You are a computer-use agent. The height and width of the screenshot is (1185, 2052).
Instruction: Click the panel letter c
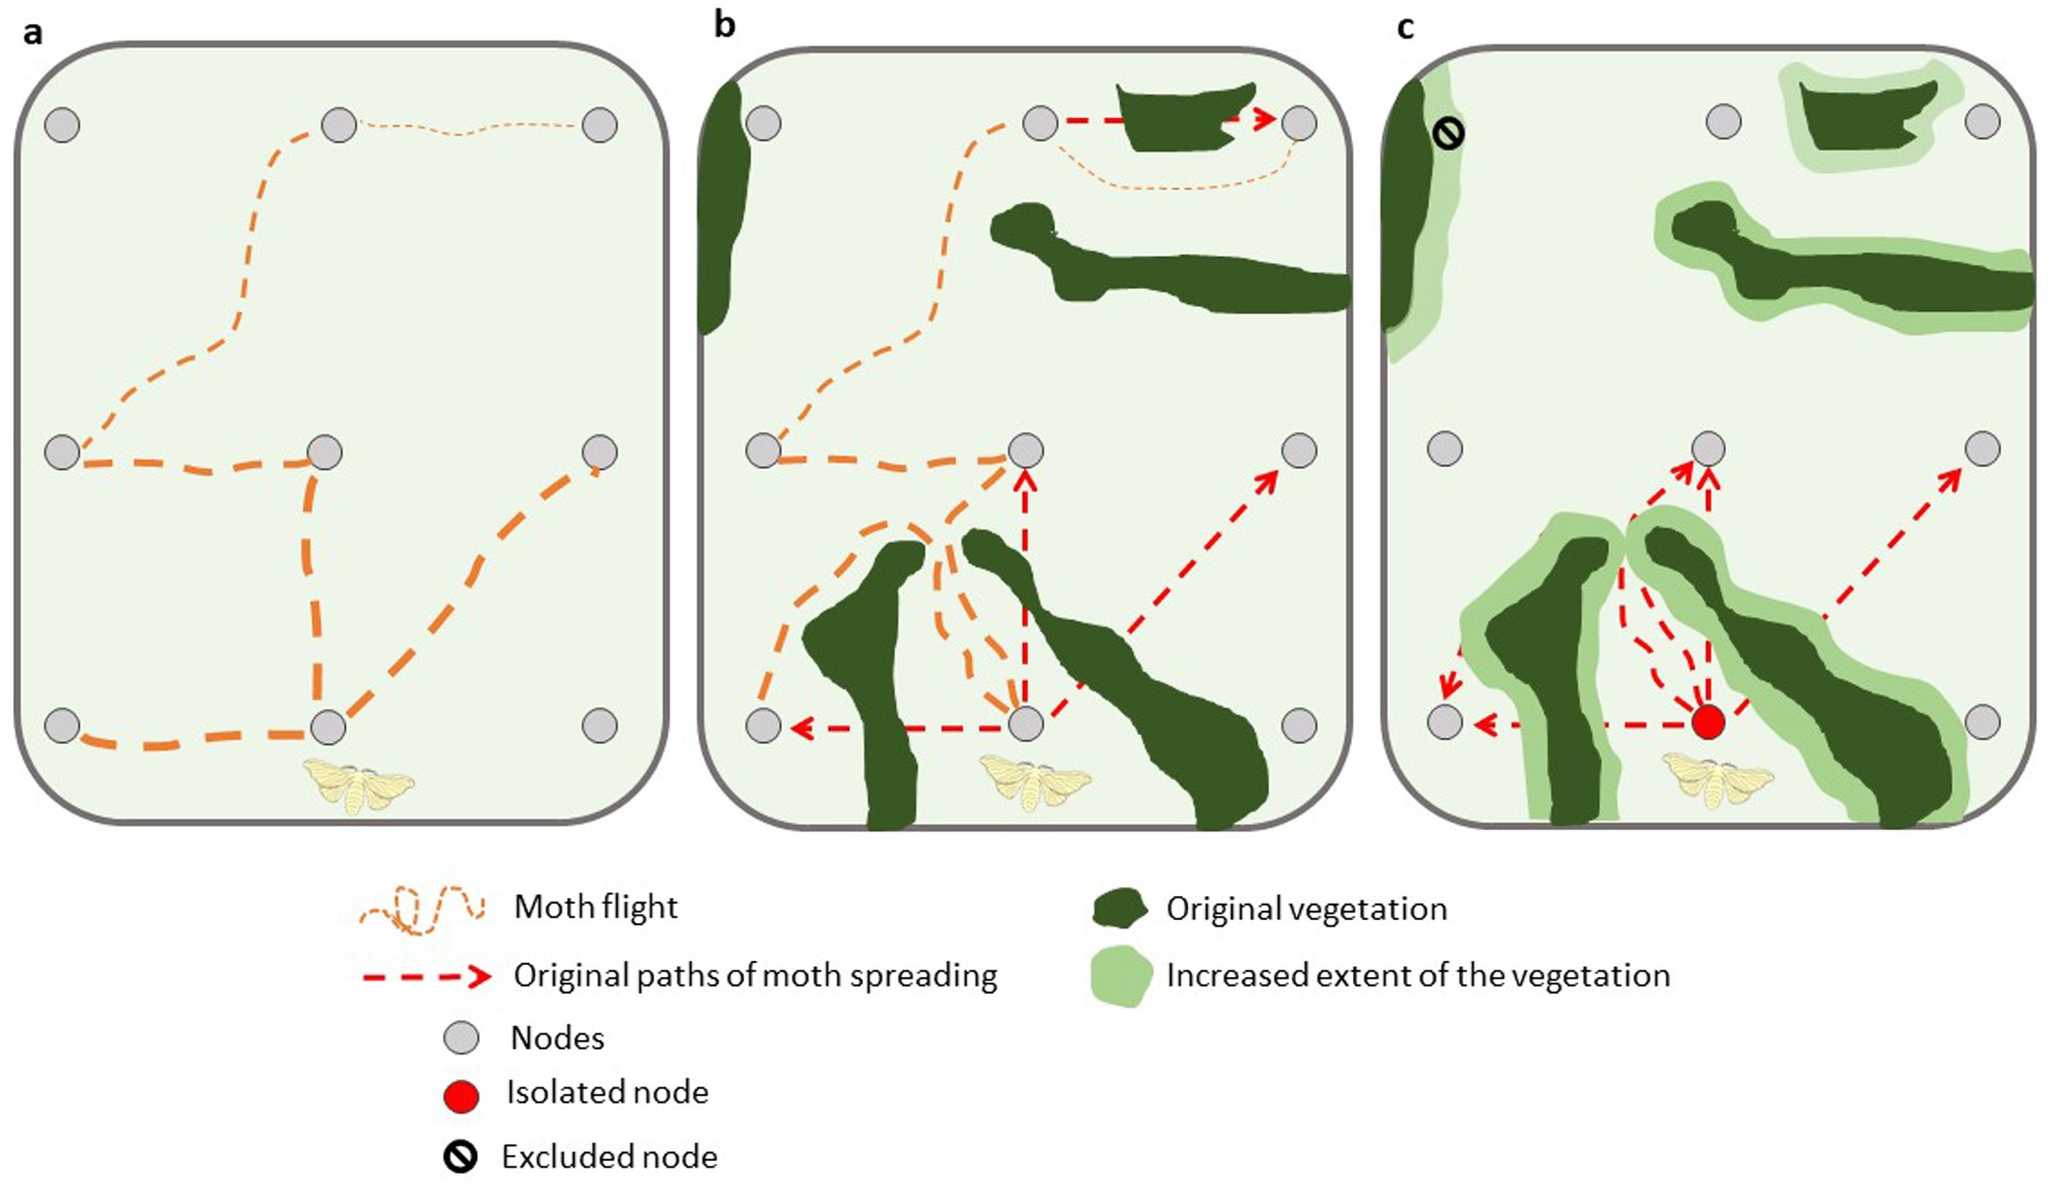[1405, 28]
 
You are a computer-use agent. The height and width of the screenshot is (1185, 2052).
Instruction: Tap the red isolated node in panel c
[1707, 722]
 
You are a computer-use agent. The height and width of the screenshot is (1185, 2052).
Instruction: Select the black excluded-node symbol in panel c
[1448, 134]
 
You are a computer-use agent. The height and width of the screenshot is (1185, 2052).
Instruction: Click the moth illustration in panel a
[358, 785]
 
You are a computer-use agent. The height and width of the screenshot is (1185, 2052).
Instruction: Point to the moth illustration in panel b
[1034, 782]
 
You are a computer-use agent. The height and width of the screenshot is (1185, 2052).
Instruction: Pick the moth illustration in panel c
[1717, 780]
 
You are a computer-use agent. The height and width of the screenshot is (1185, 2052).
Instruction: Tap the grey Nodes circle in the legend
[460, 1038]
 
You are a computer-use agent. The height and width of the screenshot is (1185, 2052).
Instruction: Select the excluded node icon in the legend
[460, 1156]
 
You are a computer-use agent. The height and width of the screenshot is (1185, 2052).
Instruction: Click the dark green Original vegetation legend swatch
[1119, 908]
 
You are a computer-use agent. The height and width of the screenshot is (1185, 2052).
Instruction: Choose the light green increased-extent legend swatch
[1122, 976]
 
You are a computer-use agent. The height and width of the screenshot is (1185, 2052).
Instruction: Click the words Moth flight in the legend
[596, 907]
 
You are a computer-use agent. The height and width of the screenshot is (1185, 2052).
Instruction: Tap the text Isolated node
[607, 1092]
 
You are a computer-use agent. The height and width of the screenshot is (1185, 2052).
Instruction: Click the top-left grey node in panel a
[63, 126]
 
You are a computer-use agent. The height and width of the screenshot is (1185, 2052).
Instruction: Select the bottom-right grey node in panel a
[600, 725]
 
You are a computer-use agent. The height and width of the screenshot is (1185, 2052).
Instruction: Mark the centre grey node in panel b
[1025, 450]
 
